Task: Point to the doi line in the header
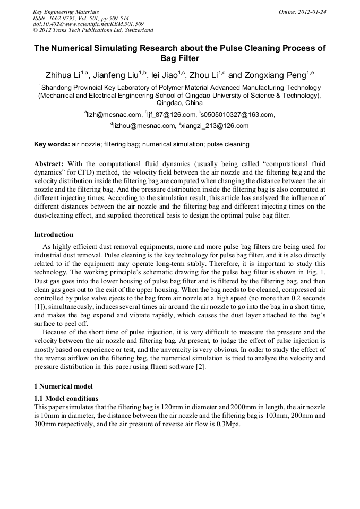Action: pyautogui.click(x=88, y=24)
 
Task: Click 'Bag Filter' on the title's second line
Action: pyautogui.click(x=179, y=58)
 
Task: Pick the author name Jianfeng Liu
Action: pyautogui.click(x=115, y=75)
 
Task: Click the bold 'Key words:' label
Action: pyautogui.click(x=52, y=144)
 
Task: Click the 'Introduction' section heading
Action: pyautogui.click(x=54, y=235)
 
